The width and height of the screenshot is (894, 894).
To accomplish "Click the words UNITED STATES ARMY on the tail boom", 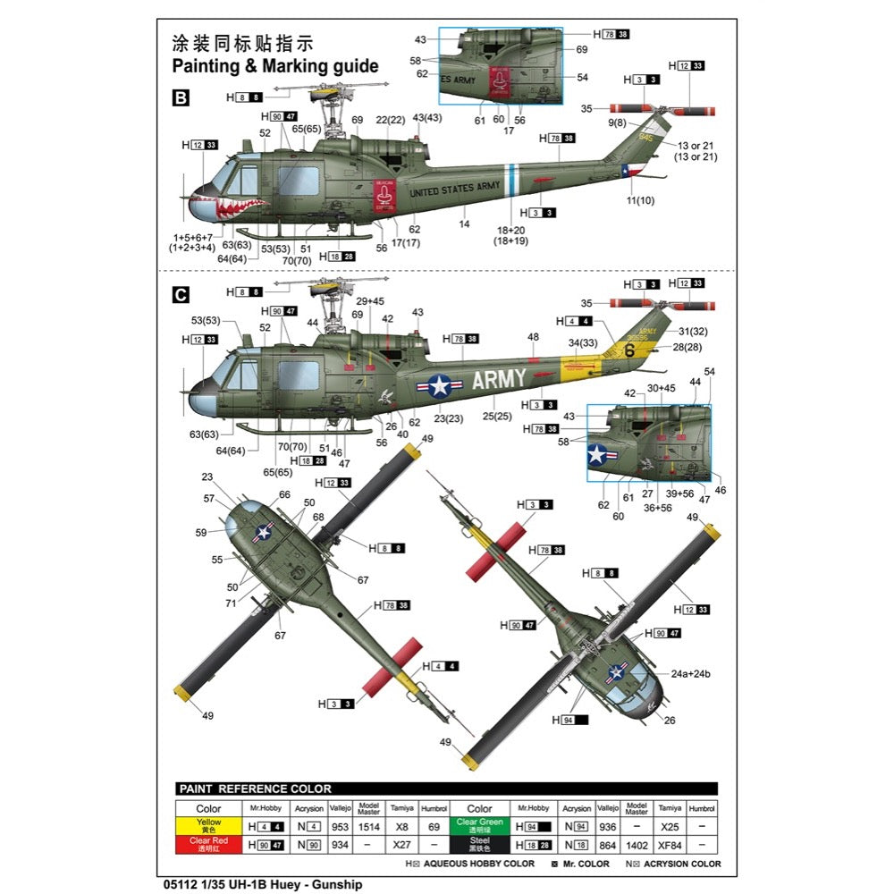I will [x=455, y=189].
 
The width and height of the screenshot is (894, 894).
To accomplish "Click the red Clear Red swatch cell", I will [x=209, y=842].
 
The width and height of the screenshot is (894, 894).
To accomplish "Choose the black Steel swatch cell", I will [x=479, y=842].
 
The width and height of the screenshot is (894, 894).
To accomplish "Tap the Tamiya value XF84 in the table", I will [x=666, y=842].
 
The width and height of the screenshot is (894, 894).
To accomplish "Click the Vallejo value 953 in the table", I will [x=340, y=826].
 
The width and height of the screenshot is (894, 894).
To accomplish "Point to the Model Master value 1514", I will [x=369, y=826].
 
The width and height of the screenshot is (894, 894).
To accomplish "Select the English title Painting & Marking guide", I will [x=275, y=66].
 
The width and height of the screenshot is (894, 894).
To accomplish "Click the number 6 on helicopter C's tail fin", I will [x=628, y=350].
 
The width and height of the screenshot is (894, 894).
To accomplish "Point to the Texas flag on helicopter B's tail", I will [x=627, y=171].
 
